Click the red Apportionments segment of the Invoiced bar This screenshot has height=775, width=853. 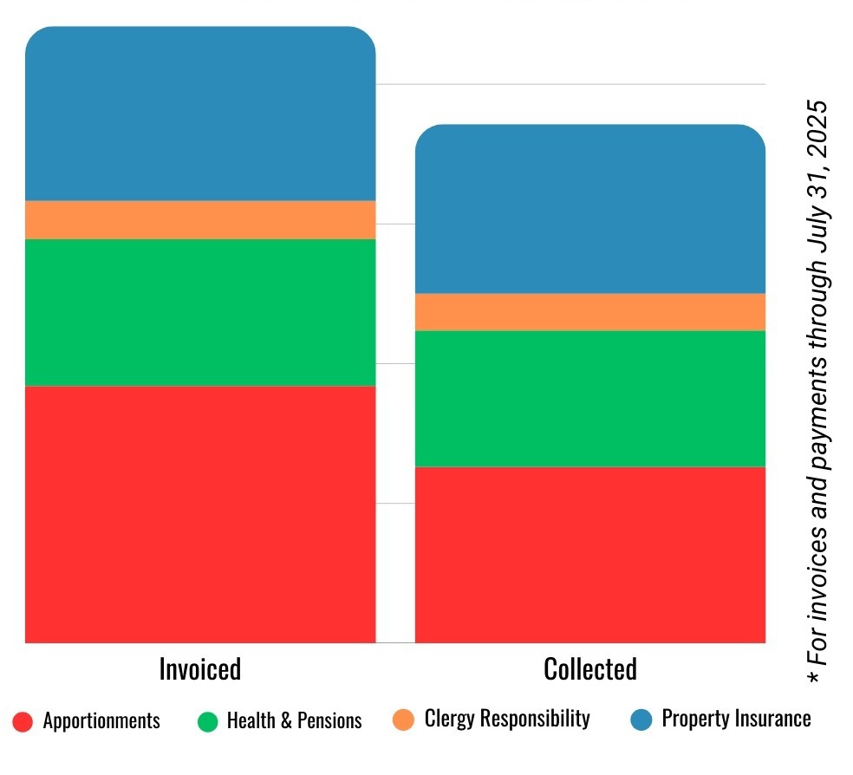click(200, 513)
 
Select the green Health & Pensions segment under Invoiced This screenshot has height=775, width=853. click(200, 312)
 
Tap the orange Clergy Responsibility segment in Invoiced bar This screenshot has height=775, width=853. click(200, 220)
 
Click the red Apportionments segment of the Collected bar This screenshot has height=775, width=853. click(590, 555)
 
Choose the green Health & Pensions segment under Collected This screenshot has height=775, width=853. click(590, 399)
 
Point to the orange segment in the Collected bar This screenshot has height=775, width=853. click(590, 312)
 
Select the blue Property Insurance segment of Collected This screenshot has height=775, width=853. click(590, 210)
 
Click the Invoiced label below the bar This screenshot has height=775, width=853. click(200, 669)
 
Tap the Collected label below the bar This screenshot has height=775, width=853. click(590, 669)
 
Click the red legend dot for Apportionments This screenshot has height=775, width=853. click(23, 721)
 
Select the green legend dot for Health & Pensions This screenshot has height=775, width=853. click(208, 721)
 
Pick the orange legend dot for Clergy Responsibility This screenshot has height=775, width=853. click(403, 720)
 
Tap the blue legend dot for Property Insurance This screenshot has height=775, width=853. click(641, 720)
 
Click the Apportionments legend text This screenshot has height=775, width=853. click(101, 721)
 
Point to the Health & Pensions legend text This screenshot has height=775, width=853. click(295, 721)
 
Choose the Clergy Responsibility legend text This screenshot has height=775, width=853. click(507, 719)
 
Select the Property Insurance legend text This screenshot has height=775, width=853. click(737, 719)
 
